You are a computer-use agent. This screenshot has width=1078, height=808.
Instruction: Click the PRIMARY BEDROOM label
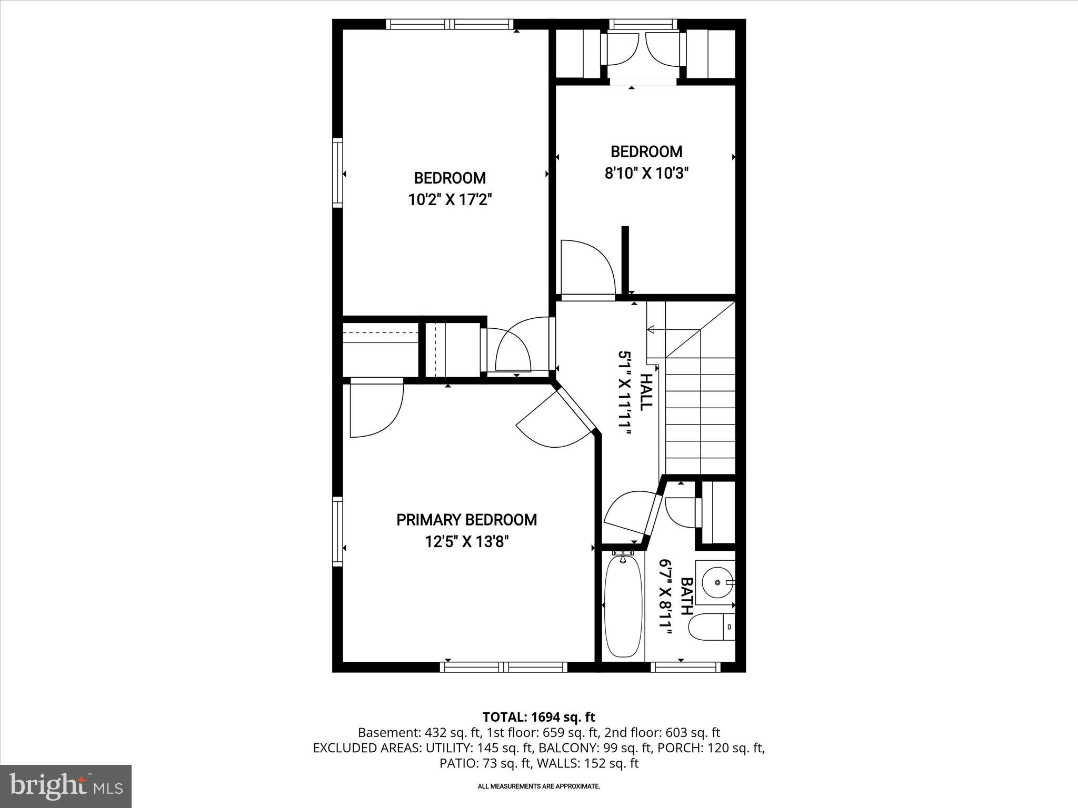tap(466, 520)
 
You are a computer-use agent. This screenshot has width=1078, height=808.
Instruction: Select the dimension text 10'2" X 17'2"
tap(450, 200)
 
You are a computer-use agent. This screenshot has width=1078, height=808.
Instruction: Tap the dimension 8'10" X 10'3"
tap(646, 173)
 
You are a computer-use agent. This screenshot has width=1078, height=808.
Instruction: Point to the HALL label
tap(646, 392)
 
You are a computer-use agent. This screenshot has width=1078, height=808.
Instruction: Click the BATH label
tap(686, 597)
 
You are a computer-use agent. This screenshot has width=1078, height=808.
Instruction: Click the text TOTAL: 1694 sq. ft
tap(538, 717)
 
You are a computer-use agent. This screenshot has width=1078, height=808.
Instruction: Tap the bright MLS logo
tap(66, 786)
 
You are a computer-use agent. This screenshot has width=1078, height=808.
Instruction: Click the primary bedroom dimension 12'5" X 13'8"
tap(466, 542)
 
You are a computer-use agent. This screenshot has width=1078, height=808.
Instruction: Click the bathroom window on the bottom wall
tap(685, 667)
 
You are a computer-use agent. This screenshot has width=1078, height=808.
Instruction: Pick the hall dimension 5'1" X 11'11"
tap(624, 392)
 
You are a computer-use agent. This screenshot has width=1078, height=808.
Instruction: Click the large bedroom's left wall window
tap(337, 173)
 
